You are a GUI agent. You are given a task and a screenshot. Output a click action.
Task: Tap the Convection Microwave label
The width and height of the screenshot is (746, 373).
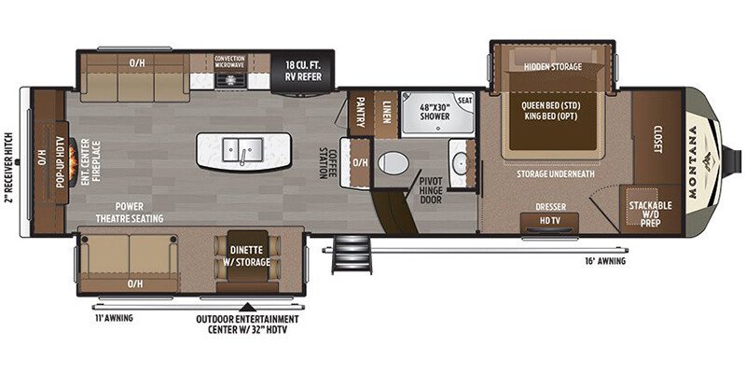tap(229, 62)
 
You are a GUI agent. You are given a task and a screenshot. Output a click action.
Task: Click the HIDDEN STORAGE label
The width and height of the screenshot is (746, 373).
tap(552, 67)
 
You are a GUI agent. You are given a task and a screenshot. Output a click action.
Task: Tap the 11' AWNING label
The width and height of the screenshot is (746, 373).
tap(112, 318)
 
